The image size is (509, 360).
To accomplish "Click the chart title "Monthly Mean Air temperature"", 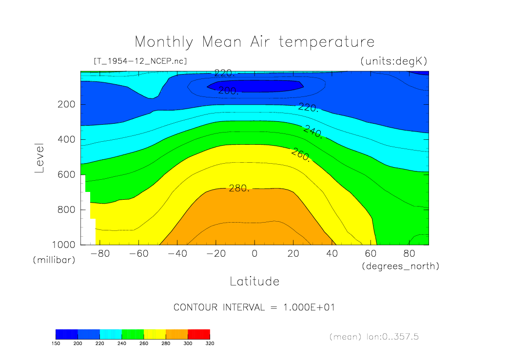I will [x=254, y=42].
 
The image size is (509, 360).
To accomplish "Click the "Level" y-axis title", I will [x=39, y=158].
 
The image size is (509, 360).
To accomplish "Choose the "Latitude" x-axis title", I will [x=254, y=281].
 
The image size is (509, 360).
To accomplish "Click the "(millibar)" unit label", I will [x=54, y=260].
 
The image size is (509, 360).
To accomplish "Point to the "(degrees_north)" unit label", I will [x=400, y=266].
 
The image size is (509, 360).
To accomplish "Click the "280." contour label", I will [x=239, y=188].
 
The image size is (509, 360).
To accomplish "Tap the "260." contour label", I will [x=300, y=156].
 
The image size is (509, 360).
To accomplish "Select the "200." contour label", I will [x=228, y=91].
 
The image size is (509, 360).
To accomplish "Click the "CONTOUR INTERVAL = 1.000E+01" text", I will [x=254, y=307].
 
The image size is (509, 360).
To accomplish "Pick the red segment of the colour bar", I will [x=198, y=334].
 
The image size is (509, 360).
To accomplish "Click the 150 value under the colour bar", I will [x=56, y=343].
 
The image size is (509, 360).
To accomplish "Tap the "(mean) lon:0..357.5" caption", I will [x=374, y=336].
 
